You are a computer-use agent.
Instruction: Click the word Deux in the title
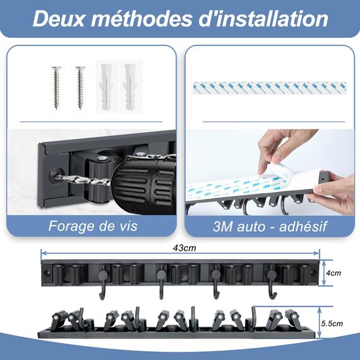59,18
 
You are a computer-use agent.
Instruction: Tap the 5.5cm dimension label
332,323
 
